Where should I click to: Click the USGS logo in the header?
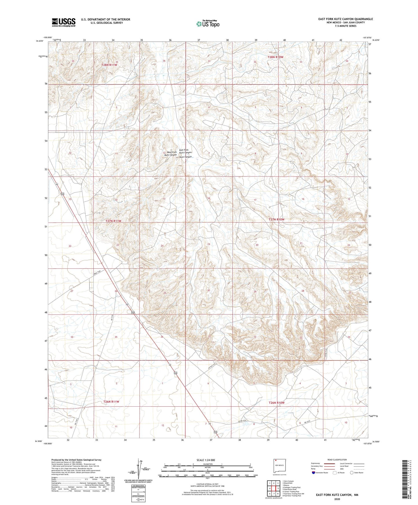[x=64, y=22]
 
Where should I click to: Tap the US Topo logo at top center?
[x=208, y=24]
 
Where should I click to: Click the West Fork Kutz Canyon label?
[x=171, y=154]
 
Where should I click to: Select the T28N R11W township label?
[x=109, y=65]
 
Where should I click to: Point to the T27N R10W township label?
[x=277, y=220]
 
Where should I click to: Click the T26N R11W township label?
[x=111, y=402]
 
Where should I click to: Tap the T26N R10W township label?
[x=277, y=403]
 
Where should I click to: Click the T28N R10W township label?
[x=275, y=57]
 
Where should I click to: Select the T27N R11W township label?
[x=113, y=221]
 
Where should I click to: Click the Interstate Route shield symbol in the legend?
[x=314, y=473]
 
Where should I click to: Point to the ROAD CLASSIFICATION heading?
[x=337, y=460]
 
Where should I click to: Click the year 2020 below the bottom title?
[x=337, y=499]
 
